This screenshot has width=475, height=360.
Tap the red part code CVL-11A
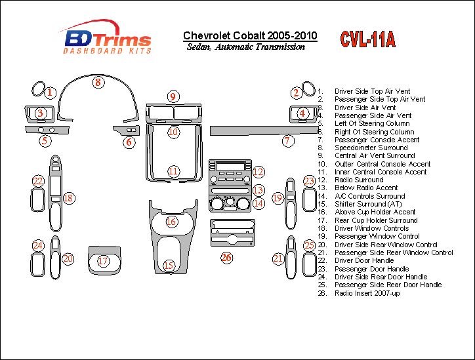tap(367, 40)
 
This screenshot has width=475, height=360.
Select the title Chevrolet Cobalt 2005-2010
tap(249, 35)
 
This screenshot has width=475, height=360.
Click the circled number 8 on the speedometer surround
tap(98, 83)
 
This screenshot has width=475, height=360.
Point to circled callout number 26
tap(227, 258)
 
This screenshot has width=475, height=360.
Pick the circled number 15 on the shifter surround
tap(169, 266)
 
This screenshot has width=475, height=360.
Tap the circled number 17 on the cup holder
tap(104, 261)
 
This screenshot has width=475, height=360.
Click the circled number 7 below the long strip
tap(287, 141)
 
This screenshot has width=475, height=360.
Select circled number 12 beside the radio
tap(258, 172)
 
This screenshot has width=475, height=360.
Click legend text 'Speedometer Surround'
tap(371, 148)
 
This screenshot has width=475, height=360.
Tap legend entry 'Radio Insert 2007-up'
tap(367, 293)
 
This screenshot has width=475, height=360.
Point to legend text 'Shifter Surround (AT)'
tap(369, 204)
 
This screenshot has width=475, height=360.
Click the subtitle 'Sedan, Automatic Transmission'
tap(245, 47)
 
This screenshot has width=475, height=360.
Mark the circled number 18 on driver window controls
tap(68, 198)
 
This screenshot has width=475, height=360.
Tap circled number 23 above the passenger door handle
tap(309, 181)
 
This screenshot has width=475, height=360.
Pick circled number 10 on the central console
tap(173, 132)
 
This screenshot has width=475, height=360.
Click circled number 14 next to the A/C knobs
tap(258, 203)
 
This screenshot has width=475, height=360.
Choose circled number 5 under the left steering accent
tap(45, 140)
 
